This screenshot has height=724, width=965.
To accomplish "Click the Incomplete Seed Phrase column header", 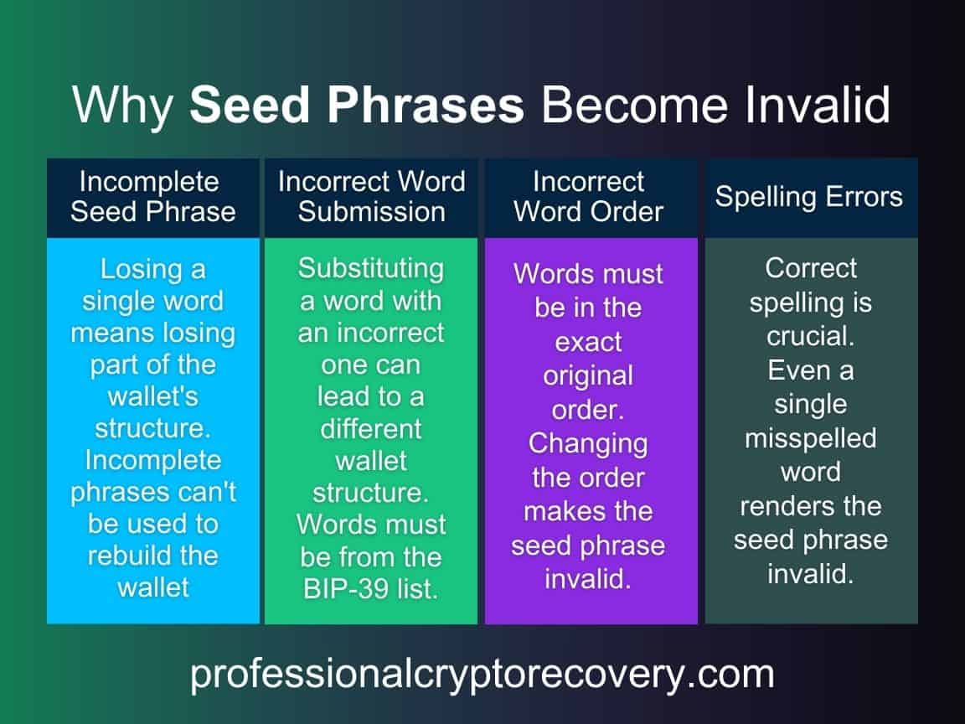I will point(152,197).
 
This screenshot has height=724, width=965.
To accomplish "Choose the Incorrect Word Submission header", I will point(371,197).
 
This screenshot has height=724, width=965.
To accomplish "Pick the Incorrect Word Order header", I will point(589,197).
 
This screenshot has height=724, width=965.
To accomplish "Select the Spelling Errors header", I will point(808,197).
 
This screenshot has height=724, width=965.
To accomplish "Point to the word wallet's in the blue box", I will point(153,396).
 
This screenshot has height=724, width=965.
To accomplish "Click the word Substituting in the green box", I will point(371,268).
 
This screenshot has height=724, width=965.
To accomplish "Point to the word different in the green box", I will point(371,428).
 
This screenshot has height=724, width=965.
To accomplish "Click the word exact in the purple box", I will point(589,342).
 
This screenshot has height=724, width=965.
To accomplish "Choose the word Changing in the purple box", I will point(588,442).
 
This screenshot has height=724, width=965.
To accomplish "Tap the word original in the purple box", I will point(589,375).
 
